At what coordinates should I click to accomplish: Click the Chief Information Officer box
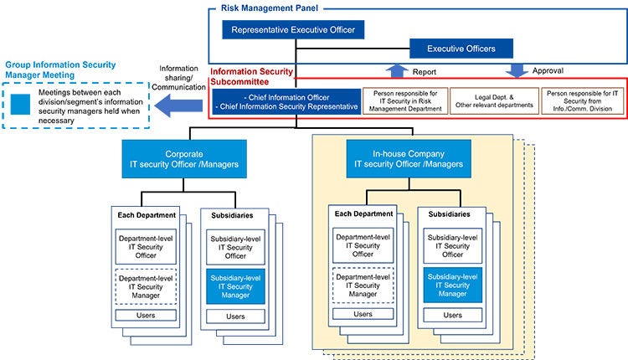286,102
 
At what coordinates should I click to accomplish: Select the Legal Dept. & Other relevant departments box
494,102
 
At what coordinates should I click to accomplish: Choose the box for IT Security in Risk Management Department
404,102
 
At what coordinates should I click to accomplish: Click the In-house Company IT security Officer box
408,157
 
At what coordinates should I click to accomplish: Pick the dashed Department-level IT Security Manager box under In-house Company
363,285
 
